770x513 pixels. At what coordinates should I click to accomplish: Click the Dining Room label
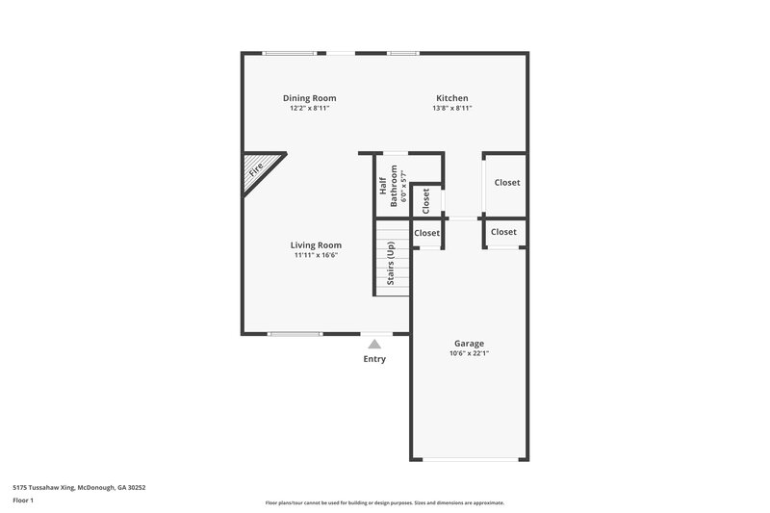pyautogui.click(x=309, y=98)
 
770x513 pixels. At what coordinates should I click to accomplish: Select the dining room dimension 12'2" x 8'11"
pyautogui.click(x=309, y=109)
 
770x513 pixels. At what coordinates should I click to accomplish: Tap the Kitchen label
pyautogui.click(x=451, y=98)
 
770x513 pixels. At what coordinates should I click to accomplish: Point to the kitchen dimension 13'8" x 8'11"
pyautogui.click(x=451, y=109)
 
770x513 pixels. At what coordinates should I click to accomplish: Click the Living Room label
pyautogui.click(x=316, y=245)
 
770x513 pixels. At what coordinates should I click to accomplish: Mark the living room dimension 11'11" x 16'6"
pyautogui.click(x=316, y=256)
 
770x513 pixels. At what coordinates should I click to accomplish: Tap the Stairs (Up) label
pyautogui.click(x=391, y=264)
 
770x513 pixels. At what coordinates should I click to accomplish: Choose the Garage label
pyautogui.click(x=469, y=344)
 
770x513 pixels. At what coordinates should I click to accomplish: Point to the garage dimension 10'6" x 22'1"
pyautogui.click(x=469, y=354)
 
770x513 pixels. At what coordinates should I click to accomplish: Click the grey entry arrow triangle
pyautogui.click(x=374, y=344)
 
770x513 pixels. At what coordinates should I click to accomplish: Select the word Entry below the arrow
pyautogui.click(x=374, y=360)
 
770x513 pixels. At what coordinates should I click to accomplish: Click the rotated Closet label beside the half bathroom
pyautogui.click(x=426, y=199)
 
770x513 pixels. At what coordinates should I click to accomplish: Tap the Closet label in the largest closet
pyautogui.click(x=506, y=183)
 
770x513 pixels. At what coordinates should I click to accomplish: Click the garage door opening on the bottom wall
pyautogui.click(x=469, y=458)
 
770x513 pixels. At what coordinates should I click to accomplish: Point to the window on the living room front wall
pyautogui.click(x=295, y=334)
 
